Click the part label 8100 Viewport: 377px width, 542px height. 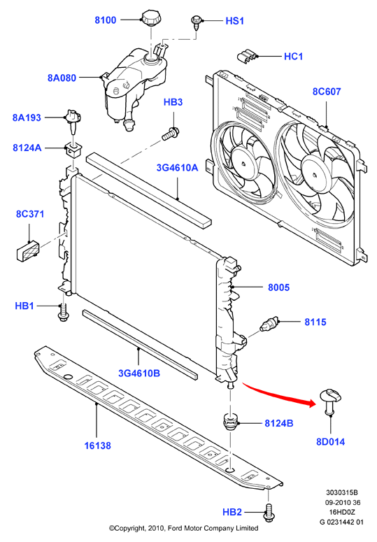click(x=106, y=20)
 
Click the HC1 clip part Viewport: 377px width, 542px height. click(x=247, y=57)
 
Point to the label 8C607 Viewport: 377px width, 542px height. click(x=327, y=91)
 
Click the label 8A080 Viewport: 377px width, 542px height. click(x=62, y=78)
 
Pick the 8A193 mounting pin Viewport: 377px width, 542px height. click(x=73, y=122)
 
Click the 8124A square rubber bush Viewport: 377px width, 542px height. click(x=73, y=150)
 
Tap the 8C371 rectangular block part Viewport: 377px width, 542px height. click(x=28, y=250)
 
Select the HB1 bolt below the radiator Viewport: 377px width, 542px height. click(x=63, y=313)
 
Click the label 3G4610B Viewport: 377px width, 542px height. click(x=139, y=373)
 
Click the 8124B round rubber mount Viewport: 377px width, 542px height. click(x=229, y=422)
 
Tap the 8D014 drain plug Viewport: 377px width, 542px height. click(x=331, y=401)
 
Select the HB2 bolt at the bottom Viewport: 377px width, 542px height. click(x=269, y=512)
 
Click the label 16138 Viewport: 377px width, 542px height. click(x=98, y=445)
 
